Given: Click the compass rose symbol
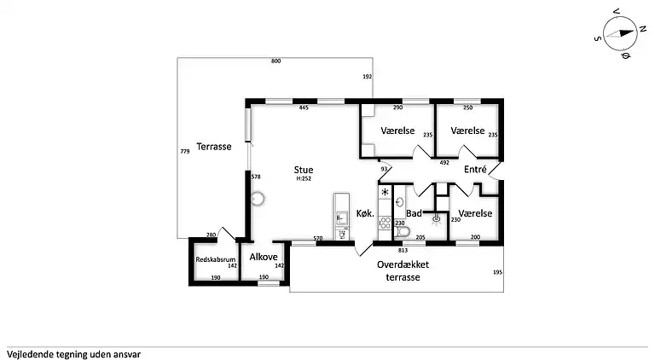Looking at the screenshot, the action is [620, 34].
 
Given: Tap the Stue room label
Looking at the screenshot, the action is [304, 170].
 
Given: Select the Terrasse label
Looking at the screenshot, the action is [214, 147].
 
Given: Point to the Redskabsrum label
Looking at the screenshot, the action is [216, 259].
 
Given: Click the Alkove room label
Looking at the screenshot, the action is [264, 257].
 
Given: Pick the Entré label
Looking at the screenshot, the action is [475, 169].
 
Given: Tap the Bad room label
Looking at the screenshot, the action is [414, 213].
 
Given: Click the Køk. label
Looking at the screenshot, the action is [365, 213].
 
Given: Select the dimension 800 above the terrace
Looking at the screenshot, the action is [275, 61].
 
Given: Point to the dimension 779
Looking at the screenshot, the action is [185, 151].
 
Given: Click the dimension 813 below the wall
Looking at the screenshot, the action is [403, 251].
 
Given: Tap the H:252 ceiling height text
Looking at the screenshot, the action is [304, 179].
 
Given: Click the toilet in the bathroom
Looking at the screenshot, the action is [402, 231].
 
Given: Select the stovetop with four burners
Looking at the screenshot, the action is [385, 222].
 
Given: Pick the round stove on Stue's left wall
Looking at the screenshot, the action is [258, 199].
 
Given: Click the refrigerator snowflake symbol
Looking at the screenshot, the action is [385, 192].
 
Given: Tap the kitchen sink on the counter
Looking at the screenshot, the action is [342, 218].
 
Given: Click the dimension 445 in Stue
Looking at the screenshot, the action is [304, 107].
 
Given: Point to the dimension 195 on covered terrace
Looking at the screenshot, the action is [497, 272].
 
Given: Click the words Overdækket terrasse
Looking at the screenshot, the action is [403, 270].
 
